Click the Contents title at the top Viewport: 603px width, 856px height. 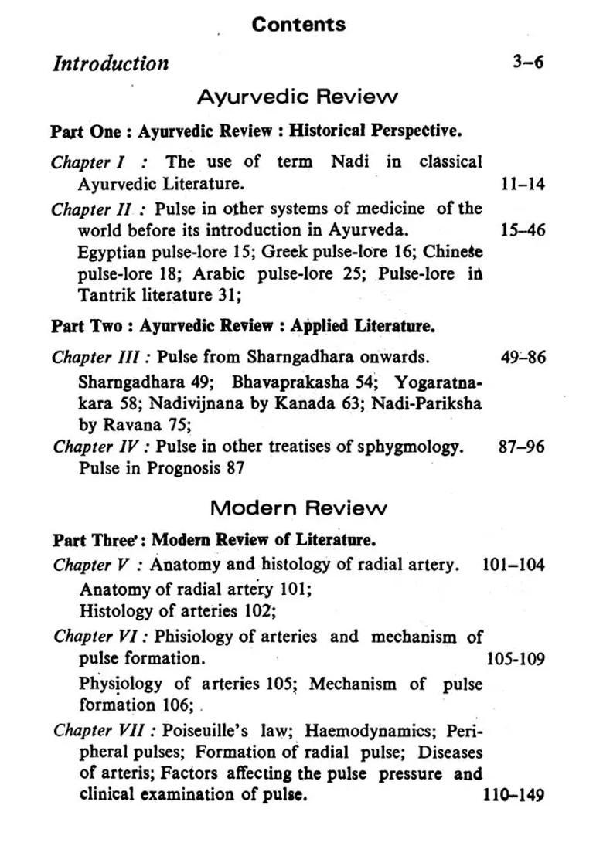click(298, 25)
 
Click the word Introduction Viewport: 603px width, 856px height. click(110, 63)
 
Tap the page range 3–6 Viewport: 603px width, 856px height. click(528, 62)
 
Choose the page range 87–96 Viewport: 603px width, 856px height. click(522, 447)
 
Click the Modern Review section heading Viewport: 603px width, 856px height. click(298, 508)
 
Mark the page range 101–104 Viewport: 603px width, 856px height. click(513, 565)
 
